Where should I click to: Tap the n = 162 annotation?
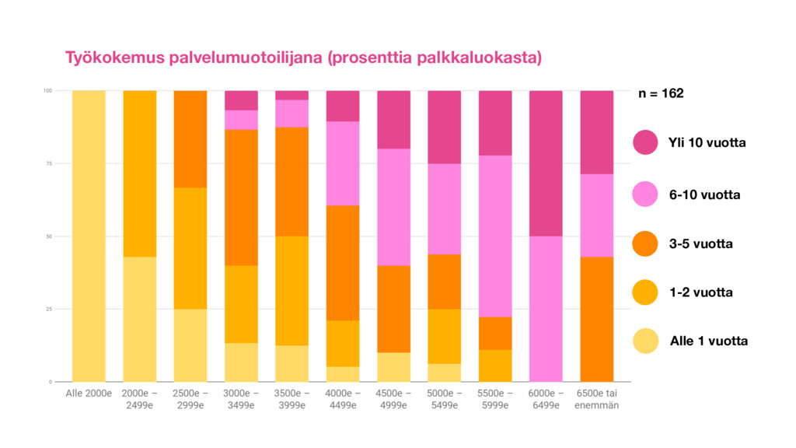[x=661, y=93]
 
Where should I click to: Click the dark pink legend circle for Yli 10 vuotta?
[x=645, y=143]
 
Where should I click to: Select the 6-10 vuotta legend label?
[x=704, y=194]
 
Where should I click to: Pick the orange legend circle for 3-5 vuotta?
[x=645, y=243]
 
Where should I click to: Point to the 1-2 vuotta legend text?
[x=700, y=292]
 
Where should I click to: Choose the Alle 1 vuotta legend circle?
[x=645, y=341]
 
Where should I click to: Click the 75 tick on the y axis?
[x=47, y=164]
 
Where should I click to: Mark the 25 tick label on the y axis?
[x=47, y=310]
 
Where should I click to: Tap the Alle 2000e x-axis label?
[x=89, y=394]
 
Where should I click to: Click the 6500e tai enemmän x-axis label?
[x=597, y=400]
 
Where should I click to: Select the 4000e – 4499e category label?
[x=343, y=400]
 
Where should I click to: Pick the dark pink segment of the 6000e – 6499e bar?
[x=546, y=163]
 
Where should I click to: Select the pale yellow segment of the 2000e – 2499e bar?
[x=140, y=319]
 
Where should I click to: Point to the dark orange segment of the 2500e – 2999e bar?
[x=190, y=139]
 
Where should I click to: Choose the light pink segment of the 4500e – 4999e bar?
[x=393, y=207]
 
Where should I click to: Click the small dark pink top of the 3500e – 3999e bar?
[x=292, y=95]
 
